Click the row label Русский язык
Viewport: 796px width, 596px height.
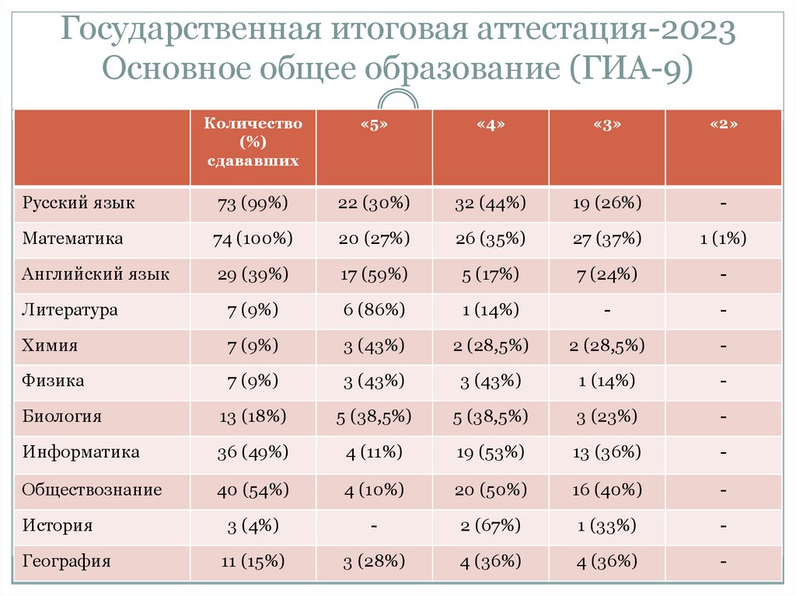coord(79,204)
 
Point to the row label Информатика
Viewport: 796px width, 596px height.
coord(81,452)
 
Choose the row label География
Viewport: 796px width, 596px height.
coord(67,561)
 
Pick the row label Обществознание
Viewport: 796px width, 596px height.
coord(92,490)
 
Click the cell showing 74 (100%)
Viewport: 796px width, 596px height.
coord(253,239)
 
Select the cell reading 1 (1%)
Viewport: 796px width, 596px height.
coord(723,239)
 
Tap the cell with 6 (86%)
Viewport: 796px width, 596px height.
coord(374,310)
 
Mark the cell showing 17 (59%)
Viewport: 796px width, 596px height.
coord(374,274)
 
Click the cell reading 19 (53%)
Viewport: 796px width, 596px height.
coord(491,452)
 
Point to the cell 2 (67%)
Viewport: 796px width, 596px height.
coord(491,526)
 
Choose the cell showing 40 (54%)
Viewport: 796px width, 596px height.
coord(253,490)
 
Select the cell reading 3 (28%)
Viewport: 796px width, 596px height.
coord(374,561)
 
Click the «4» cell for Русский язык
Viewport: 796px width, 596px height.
coord(491,204)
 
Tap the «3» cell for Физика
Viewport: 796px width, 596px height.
coord(606,382)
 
